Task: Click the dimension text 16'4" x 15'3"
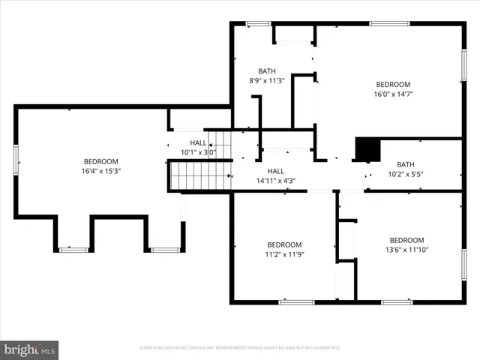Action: (100, 171)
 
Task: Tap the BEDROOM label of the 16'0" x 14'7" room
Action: (393, 85)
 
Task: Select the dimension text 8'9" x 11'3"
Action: (268, 80)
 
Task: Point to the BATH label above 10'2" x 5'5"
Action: (405, 165)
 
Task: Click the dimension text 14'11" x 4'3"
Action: (276, 180)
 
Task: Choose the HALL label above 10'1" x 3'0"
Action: (198, 142)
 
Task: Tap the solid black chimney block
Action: (366, 150)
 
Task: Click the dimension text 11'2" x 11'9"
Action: (285, 254)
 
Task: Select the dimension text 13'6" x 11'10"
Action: (406, 250)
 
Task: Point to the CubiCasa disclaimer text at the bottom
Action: (240, 348)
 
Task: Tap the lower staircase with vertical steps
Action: (196, 176)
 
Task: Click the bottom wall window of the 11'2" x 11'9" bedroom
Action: (296, 301)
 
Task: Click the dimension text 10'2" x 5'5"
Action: (405, 174)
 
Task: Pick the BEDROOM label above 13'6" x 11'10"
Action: (407, 240)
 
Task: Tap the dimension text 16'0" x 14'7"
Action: (393, 94)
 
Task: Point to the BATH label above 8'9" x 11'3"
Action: (268, 71)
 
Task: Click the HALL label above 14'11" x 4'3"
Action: (276, 171)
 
